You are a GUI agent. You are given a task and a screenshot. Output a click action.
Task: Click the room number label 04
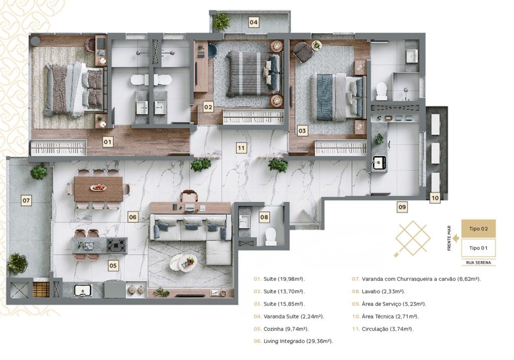[253, 22]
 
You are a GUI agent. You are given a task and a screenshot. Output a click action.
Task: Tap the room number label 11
[241, 148]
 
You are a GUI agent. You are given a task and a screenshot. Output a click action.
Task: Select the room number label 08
[264, 217]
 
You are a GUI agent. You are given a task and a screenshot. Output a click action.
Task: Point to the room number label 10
[435, 198]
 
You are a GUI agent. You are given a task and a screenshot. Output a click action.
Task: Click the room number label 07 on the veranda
[26, 200]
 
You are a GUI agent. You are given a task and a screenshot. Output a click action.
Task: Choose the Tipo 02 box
[478, 228]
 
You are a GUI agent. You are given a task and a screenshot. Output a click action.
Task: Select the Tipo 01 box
[478, 248]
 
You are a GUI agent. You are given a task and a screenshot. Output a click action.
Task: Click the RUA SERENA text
[478, 263]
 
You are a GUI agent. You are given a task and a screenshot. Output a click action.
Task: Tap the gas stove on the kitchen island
[116, 245]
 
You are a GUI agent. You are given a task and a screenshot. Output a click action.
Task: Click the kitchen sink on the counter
[83, 290]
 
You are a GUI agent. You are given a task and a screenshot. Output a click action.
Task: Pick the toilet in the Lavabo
[271, 236]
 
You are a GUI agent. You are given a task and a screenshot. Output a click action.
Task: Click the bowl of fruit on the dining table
[98, 188]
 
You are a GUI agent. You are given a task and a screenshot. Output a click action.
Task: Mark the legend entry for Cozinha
[281, 329]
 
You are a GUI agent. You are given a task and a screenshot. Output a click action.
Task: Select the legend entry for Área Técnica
[385, 316]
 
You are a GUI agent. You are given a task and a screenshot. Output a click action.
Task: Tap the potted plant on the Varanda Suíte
[221, 22]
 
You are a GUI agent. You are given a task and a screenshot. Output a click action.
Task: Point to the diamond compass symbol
[413, 238]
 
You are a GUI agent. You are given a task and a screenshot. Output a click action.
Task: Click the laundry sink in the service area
[379, 162]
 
